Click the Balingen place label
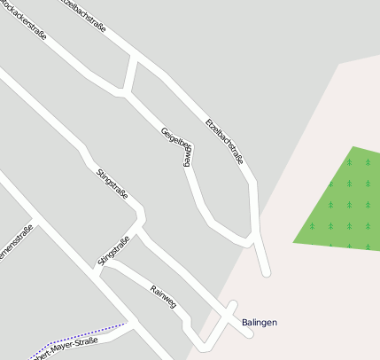[259, 322]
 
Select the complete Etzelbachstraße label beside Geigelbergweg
[224, 140]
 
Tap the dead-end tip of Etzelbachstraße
[266, 271]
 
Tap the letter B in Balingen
[245, 322]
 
